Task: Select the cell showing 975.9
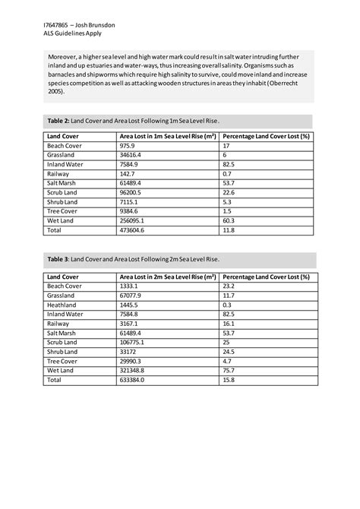coord(128,145)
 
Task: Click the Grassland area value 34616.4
coord(131,154)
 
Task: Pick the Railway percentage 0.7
coord(227,174)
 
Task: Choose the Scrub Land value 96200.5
coord(131,193)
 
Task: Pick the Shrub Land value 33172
coord(128,353)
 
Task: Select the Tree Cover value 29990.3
coord(131,362)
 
